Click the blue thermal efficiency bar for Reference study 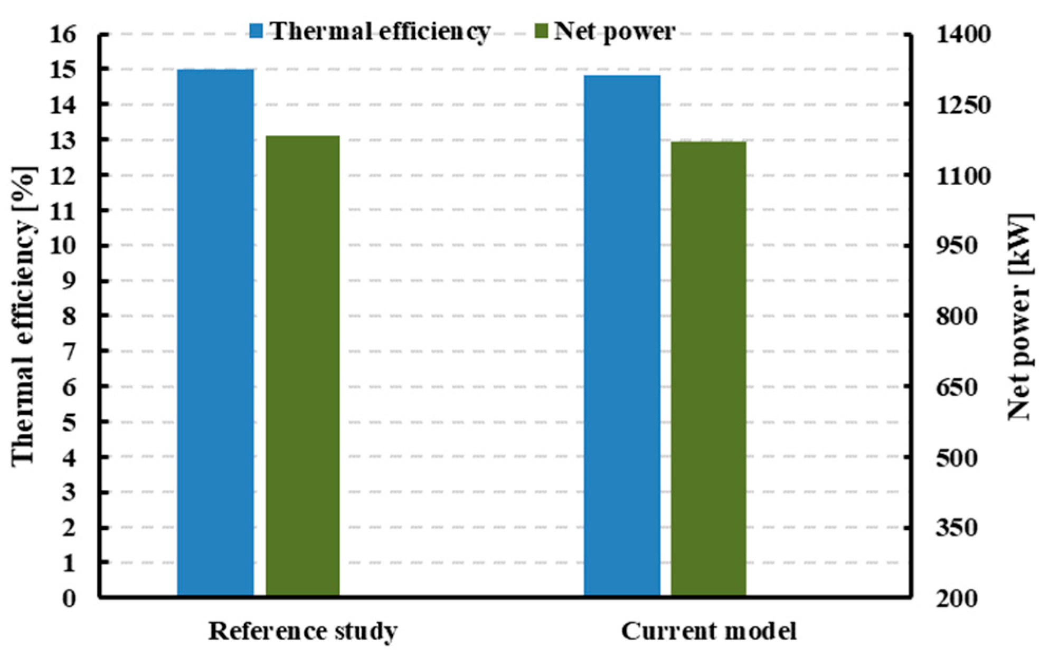(215, 332)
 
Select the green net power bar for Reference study (303, 366)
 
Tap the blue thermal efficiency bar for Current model (622, 336)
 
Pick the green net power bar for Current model (708, 369)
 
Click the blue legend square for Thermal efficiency (257, 31)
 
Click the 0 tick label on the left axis (69, 598)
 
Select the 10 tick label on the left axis (63, 246)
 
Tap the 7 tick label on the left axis (69, 351)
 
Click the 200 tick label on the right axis (957, 598)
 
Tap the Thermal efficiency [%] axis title (24, 316)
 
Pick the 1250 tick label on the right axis (957, 105)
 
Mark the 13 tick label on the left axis (63, 140)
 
